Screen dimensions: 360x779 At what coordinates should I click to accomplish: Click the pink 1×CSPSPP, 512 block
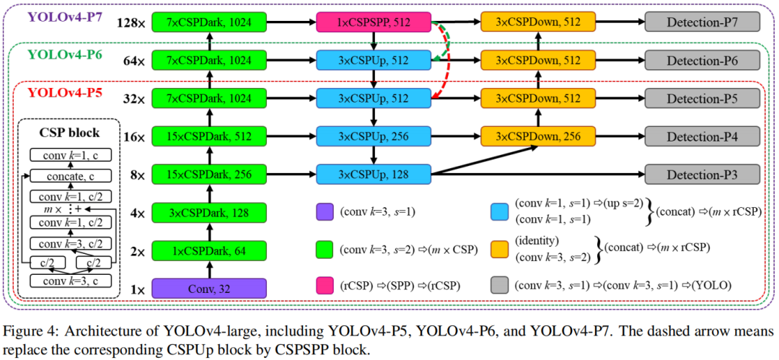coord(373,23)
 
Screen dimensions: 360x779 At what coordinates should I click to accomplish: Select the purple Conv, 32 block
coord(209,289)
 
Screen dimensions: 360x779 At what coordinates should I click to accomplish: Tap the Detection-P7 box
coord(702,23)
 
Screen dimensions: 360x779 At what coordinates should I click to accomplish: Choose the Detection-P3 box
coord(702,174)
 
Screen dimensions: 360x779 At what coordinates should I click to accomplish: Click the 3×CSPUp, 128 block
coord(373,174)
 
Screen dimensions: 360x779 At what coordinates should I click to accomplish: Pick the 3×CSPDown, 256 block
coord(538,136)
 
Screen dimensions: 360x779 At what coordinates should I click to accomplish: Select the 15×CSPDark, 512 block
coord(209,136)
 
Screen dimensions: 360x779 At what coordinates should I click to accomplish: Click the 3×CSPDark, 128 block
coord(209,214)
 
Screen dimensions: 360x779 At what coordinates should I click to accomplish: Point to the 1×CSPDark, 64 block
coord(209,251)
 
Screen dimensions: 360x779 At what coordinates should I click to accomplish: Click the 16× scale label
coord(133,136)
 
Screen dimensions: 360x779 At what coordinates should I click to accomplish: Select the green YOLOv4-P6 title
coord(57,54)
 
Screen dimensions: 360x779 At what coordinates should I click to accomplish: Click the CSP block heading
coord(69,133)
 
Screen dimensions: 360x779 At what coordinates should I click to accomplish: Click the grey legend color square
coord(499,285)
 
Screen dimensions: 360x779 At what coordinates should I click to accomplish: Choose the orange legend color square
coord(499,247)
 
